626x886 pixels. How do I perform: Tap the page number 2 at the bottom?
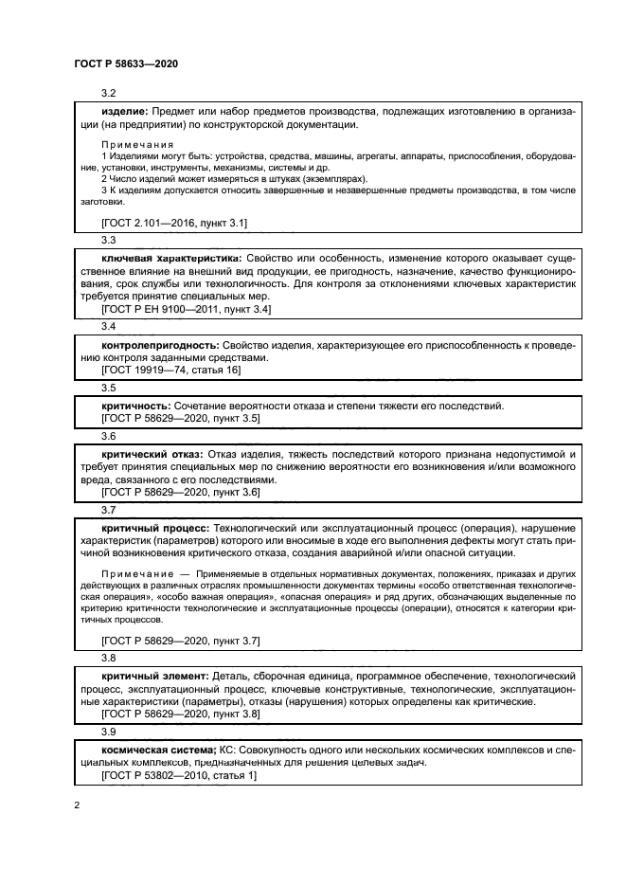tap(76, 805)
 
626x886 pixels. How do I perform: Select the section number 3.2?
tap(108, 94)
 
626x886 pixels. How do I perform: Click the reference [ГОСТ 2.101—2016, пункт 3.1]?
tap(173, 223)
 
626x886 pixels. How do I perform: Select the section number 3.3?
tap(108, 241)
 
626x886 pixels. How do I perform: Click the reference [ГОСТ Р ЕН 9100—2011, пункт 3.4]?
tap(186, 309)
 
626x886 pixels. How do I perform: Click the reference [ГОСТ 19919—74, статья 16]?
tap(170, 371)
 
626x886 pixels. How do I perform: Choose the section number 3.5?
tap(108, 389)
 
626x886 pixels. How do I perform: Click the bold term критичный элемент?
tap(154, 675)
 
